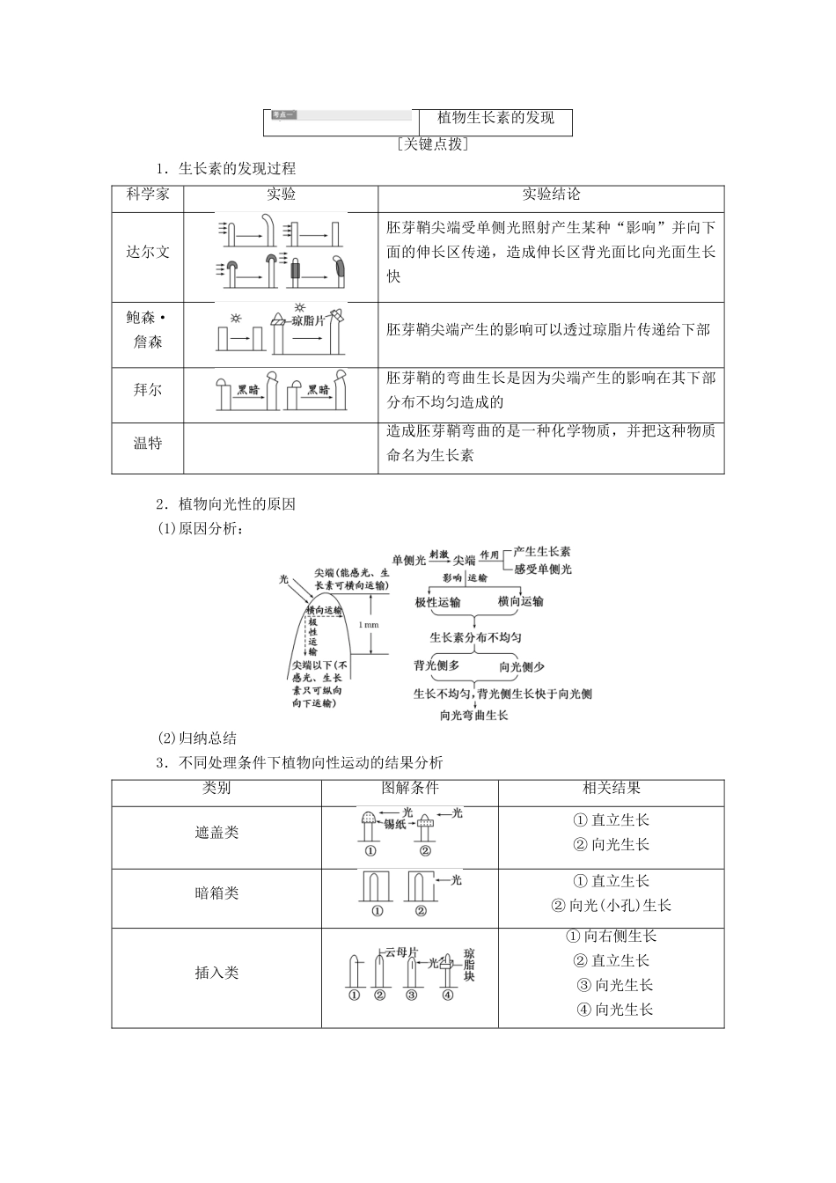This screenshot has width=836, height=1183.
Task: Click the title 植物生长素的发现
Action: pos(495,119)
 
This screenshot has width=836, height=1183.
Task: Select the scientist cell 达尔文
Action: pos(148,252)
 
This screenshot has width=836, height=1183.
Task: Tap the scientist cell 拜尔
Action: pos(148,389)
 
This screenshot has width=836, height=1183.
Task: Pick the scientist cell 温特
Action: pos(148,444)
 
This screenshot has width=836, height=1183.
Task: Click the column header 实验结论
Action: pos(551,195)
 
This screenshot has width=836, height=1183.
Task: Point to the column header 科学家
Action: pos(148,195)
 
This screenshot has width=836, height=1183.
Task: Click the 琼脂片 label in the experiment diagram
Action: pos(309,322)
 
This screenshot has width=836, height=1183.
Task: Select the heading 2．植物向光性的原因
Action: pos(225,504)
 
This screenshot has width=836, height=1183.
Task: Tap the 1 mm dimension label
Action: pos(368,624)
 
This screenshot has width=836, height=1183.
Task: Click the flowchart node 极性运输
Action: pos(438,602)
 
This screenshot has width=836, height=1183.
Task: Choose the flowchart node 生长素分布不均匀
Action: pos(475,637)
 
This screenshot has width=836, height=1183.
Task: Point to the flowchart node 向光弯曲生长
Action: pos(474,716)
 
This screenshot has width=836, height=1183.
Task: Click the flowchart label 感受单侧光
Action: pos(543,569)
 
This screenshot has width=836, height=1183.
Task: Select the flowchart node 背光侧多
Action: pos(436,666)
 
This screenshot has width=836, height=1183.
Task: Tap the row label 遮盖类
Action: pos(216,833)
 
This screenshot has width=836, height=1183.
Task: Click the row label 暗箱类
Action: pos(216,893)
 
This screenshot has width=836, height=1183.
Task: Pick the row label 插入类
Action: pos(216,973)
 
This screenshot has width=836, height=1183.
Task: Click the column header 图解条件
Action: pos(410,788)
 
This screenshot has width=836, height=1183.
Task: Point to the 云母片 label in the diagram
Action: pos(401,952)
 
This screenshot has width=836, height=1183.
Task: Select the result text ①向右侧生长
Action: pos(611,937)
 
